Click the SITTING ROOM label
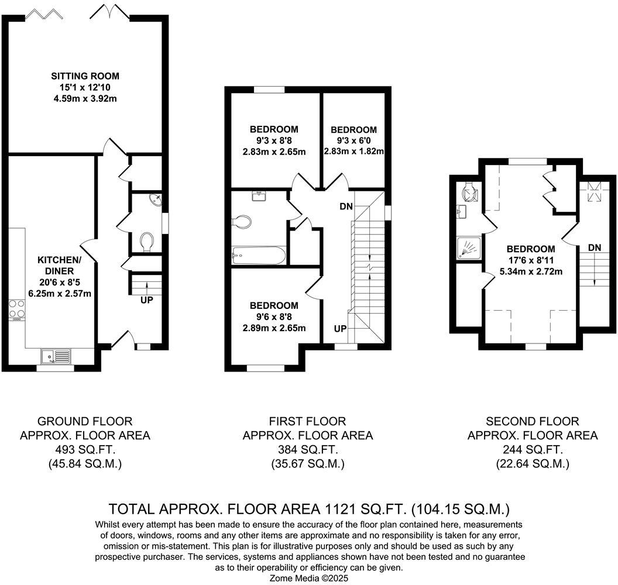coord(85,76)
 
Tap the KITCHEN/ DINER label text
coord(56,265)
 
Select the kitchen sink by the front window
coord(56,355)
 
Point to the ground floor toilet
coord(147,241)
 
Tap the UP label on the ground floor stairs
coord(146,300)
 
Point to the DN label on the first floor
coord(346,207)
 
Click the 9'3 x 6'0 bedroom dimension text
coord(353,140)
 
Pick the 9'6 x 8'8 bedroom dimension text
coord(274,316)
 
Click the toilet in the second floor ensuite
coord(469,190)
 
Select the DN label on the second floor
coord(595,247)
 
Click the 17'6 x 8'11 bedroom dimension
coord(531,260)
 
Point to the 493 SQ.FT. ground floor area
coord(85,450)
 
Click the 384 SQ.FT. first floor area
coord(307,450)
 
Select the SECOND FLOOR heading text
coord(533,421)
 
